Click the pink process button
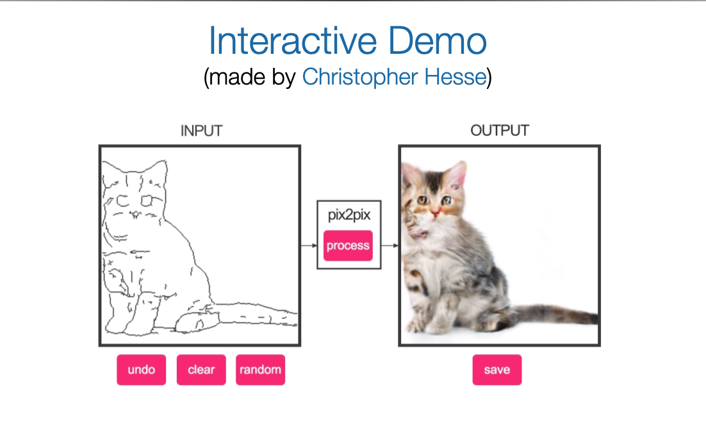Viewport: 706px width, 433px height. (348, 245)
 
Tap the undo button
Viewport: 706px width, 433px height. (142, 370)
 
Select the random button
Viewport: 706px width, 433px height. (260, 370)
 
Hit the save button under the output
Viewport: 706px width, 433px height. (497, 370)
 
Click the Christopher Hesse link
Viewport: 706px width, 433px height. (395, 77)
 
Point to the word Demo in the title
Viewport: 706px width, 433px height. (437, 40)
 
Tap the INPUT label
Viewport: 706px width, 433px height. (201, 131)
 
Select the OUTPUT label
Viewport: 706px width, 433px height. (500, 131)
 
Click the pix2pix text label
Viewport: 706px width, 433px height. (349, 215)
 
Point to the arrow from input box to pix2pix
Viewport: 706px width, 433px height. (309, 245)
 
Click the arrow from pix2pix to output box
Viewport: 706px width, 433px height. (390, 245)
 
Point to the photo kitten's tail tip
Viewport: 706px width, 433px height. (595, 317)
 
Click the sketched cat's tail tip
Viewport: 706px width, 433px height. (296, 318)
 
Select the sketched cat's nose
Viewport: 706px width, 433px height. (135, 214)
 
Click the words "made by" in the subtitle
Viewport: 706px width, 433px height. (251, 77)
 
